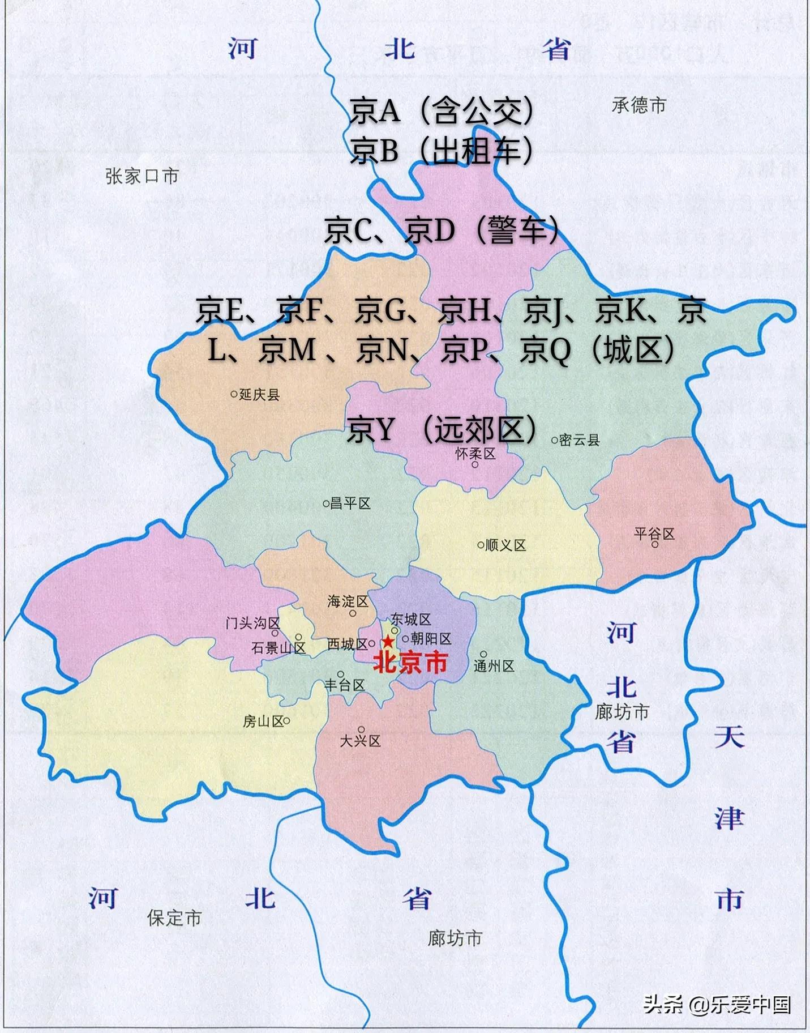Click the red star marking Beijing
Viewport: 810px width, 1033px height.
click(388, 642)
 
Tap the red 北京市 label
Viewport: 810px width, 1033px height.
click(410, 662)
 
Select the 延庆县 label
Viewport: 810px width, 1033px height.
click(259, 394)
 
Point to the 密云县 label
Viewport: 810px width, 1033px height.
click(579, 440)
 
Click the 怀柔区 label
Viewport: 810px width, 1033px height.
click(475, 454)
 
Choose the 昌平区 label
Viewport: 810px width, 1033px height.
click(350, 503)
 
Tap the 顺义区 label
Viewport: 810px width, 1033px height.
click(505, 545)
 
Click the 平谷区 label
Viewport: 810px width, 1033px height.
click(654, 533)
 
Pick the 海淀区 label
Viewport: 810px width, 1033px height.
click(348, 601)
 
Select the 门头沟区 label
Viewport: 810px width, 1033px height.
click(252, 623)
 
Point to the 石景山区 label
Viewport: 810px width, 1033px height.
click(278, 648)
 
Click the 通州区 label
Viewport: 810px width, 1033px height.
click(494, 666)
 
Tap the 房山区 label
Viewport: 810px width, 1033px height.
click(263, 721)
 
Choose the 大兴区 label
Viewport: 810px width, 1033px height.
click(360, 741)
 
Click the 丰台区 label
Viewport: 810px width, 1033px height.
click(344, 685)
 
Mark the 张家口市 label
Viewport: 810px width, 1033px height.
click(142, 176)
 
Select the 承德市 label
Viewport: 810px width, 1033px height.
click(639, 105)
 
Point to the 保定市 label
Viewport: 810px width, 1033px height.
click(174, 918)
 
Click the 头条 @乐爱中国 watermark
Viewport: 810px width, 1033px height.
click(717, 1005)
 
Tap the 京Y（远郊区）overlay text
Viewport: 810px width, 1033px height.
click(442, 429)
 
